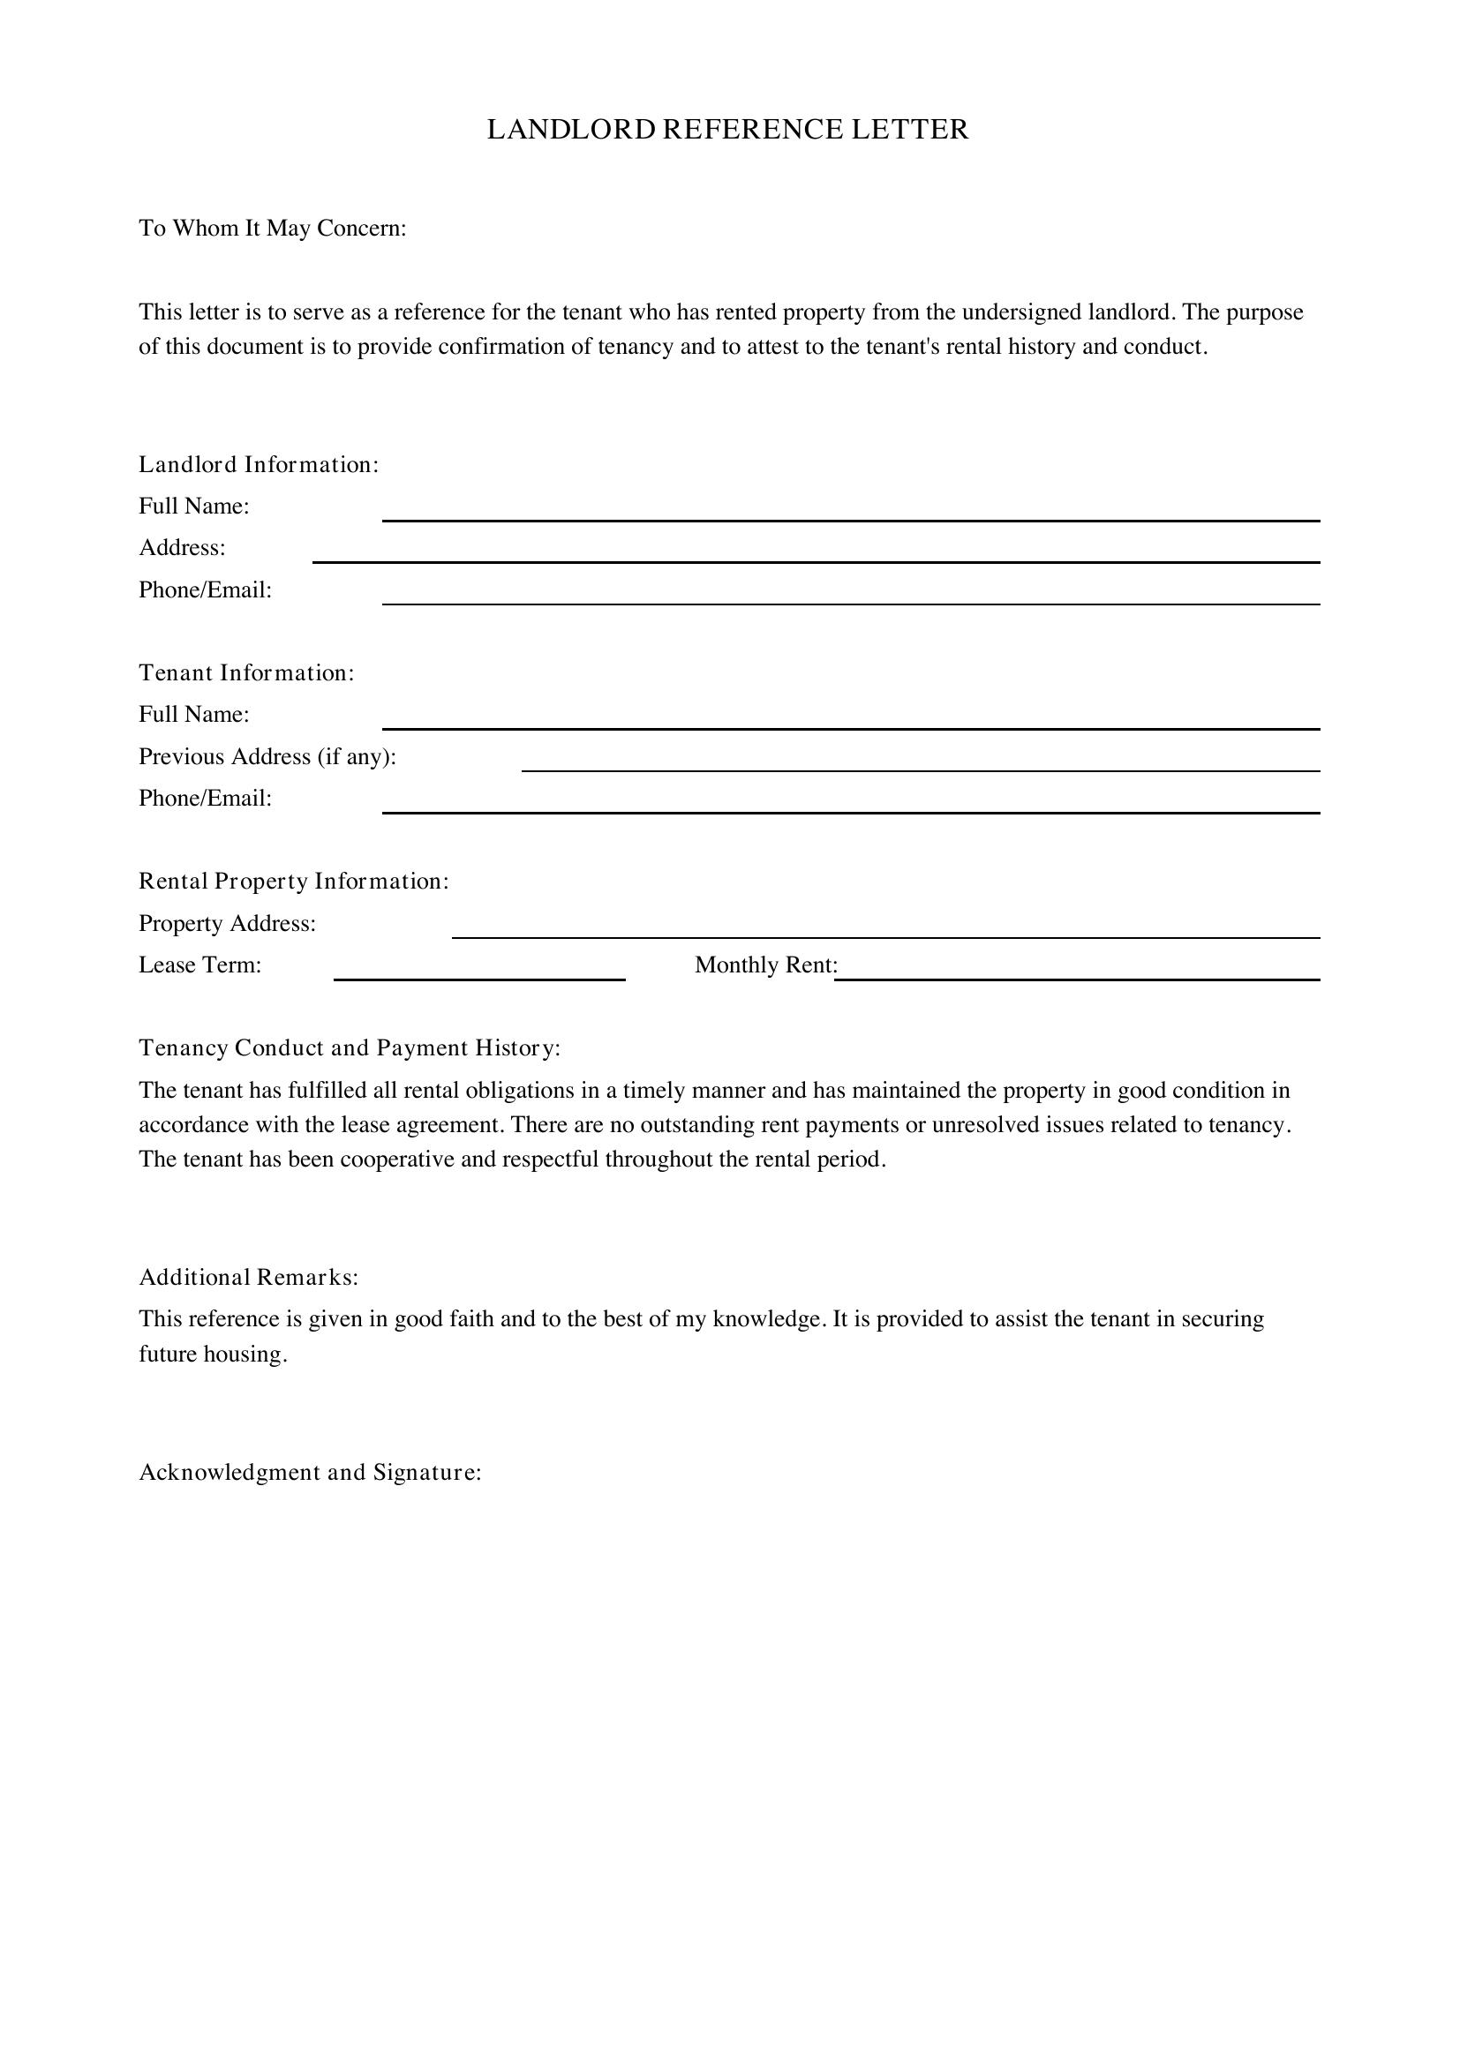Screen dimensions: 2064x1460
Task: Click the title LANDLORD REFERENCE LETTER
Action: pyautogui.click(x=727, y=130)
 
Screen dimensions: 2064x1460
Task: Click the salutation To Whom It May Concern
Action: pyautogui.click(x=273, y=229)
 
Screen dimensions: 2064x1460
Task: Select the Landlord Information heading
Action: pyautogui.click(x=258, y=465)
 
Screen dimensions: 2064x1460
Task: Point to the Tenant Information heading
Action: pyautogui.click(x=246, y=672)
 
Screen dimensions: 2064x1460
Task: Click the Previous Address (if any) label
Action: pyautogui.click(x=267, y=756)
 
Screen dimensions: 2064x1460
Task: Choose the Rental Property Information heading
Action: pyautogui.click(x=293, y=881)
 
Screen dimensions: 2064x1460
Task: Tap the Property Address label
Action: pyautogui.click(x=227, y=923)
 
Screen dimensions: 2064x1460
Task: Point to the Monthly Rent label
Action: pyautogui.click(x=765, y=964)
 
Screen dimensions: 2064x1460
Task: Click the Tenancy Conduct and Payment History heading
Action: pyautogui.click(x=349, y=1047)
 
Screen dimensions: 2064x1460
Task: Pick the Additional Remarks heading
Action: pyautogui.click(x=248, y=1277)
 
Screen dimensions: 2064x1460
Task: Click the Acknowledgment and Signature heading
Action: pyautogui.click(x=310, y=1472)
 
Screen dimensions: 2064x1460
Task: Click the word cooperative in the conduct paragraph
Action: pyautogui.click(x=396, y=1160)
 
